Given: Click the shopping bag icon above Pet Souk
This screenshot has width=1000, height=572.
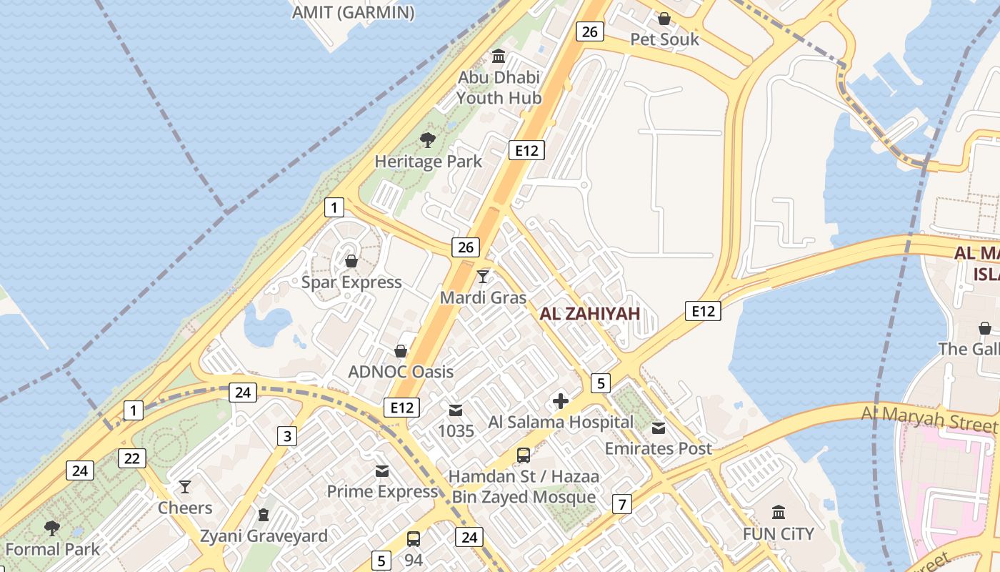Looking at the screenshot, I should pyautogui.click(x=664, y=18).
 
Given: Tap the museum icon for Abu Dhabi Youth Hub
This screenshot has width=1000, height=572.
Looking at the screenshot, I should pyautogui.click(x=499, y=56).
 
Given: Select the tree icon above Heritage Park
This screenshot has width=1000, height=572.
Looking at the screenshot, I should pyautogui.click(x=428, y=139).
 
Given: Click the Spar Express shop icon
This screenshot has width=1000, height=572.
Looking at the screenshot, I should pyautogui.click(x=351, y=261).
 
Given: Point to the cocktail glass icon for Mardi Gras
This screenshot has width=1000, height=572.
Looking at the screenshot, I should pyautogui.click(x=484, y=276).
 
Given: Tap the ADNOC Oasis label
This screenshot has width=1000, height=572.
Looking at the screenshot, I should pyautogui.click(x=400, y=372).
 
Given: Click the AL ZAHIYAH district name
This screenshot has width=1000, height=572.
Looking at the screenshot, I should pyautogui.click(x=589, y=313).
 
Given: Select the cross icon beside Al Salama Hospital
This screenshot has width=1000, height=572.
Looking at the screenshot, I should pyautogui.click(x=561, y=401).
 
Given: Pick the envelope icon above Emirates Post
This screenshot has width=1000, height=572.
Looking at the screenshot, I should pyautogui.click(x=659, y=428).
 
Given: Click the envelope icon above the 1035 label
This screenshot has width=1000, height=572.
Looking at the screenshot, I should pyautogui.click(x=456, y=410).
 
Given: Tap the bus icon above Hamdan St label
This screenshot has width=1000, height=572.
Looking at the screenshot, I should pyautogui.click(x=524, y=455).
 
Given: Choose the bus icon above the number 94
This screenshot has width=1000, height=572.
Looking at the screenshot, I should pyautogui.click(x=414, y=538).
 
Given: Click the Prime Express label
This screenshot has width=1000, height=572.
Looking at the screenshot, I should pyautogui.click(x=381, y=492).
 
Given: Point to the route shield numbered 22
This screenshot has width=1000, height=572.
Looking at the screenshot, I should pyautogui.click(x=131, y=458).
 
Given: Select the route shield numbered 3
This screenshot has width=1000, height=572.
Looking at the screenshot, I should pyautogui.click(x=287, y=436).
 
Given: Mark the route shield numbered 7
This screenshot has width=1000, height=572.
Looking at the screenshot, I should pyautogui.click(x=622, y=505).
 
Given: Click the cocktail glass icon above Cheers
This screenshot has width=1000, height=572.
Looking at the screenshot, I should pyautogui.click(x=185, y=487).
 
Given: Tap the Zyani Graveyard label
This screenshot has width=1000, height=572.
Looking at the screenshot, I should pyautogui.click(x=264, y=536).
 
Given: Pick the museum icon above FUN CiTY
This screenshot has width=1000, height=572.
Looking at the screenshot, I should pyautogui.click(x=779, y=512).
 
